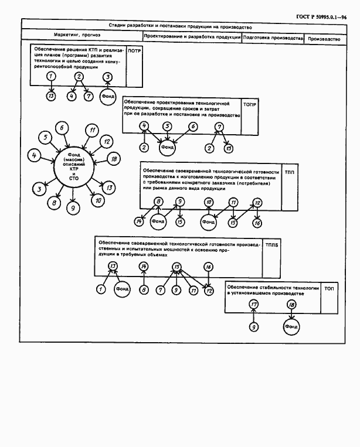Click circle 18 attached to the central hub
pyautogui.click(x=114, y=159)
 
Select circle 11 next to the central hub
pyautogui.click(x=92, y=130)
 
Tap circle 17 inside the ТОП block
pyautogui.click(x=253, y=305)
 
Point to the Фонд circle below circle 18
pyautogui.click(x=291, y=326)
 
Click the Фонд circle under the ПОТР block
pyautogui.click(x=108, y=96)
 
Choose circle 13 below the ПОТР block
pyautogui.click(x=52, y=95)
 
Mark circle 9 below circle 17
pyautogui.click(x=253, y=327)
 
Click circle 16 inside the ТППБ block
pyautogui.click(x=208, y=267)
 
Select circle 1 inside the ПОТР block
pyautogui.click(x=52, y=77)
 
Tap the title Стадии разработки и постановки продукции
pyautogui.click(x=180, y=26)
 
